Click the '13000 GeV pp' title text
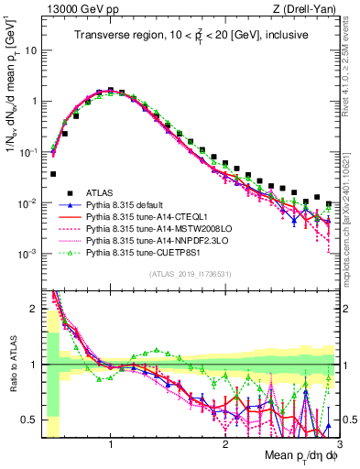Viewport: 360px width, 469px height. [81, 9]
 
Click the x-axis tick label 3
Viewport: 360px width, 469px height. [338, 444]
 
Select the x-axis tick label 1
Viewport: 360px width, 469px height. [111, 444]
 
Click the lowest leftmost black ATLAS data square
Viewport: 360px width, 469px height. [53, 173]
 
